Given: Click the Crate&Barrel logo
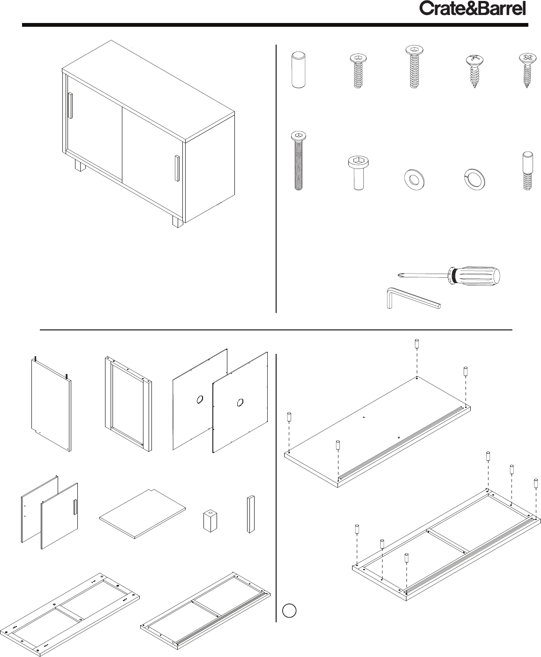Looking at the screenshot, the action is click(x=473, y=9).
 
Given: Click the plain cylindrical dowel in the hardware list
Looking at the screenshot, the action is click(x=298, y=70).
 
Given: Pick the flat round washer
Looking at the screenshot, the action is click(x=414, y=180).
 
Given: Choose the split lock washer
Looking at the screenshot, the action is click(x=474, y=180).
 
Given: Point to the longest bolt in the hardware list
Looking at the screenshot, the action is click(x=299, y=161).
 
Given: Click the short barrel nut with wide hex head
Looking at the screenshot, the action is click(x=358, y=173).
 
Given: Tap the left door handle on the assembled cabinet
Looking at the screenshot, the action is click(x=70, y=106).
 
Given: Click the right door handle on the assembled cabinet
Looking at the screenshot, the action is click(x=177, y=168).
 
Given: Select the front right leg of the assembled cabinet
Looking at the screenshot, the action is click(x=178, y=221).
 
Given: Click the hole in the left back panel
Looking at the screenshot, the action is click(x=200, y=399).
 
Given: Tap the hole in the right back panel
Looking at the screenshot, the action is click(x=240, y=402).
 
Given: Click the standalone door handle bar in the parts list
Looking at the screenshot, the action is click(x=250, y=514).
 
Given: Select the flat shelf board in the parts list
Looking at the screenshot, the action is click(x=143, y=513).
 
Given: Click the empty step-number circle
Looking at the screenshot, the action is click(x=289, y=611).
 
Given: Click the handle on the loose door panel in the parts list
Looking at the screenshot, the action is click(x=75, y=507).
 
